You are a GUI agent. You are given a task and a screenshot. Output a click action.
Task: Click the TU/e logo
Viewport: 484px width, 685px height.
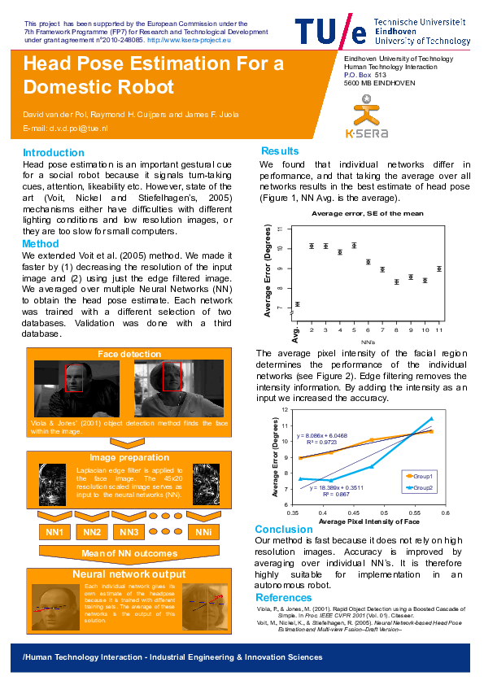click(330, 31)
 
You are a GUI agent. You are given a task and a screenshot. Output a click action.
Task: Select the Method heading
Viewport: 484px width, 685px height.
click(40, 243)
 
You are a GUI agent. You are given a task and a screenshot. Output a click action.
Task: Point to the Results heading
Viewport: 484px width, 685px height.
click(280, 151)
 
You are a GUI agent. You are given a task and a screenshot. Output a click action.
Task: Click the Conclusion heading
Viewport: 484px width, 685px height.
click(284, 529)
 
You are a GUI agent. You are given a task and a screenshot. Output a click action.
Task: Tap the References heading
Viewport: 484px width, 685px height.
click(284, 598)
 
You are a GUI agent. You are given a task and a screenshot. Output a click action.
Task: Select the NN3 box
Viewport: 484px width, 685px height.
click(130, 532)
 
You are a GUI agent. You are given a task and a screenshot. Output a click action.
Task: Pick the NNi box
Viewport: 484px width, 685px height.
click(203, 532)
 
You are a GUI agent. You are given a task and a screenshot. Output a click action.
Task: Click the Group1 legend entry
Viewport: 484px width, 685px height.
click(421, 475)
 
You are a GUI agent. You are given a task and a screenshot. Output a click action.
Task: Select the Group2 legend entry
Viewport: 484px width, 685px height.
click(421, 486)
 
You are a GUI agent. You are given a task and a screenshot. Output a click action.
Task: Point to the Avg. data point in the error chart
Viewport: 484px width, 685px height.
click(297, 303)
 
